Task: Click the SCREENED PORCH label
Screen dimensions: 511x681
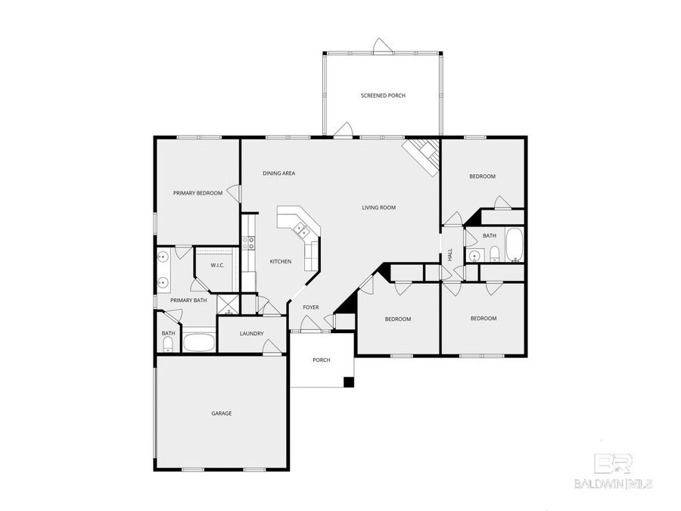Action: coord(383,95)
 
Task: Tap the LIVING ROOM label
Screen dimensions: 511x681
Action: coord(378,207)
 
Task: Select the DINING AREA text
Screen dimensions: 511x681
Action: coord(278,173)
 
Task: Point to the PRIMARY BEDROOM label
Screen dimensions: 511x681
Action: coord(197,193)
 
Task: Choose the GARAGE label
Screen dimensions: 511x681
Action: coord(221,413)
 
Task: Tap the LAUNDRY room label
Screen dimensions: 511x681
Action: coord(251,334)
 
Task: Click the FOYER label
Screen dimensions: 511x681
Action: coord(311,307)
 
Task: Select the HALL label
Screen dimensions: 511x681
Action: coord(449,255)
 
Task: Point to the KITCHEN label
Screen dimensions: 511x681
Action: coord(281,262)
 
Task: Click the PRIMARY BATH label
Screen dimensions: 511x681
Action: coord(188,301)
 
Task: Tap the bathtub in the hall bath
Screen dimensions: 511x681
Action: coord(515,245)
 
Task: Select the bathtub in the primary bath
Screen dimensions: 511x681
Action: coord(199,341)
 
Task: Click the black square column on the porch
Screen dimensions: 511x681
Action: coord(348,382)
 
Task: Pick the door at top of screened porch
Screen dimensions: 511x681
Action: coord(383,47)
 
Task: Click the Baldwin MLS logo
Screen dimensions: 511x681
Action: coord(622,470)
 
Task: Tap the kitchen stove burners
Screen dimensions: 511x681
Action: coord(247,244)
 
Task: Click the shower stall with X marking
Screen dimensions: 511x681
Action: coord(228,304)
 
